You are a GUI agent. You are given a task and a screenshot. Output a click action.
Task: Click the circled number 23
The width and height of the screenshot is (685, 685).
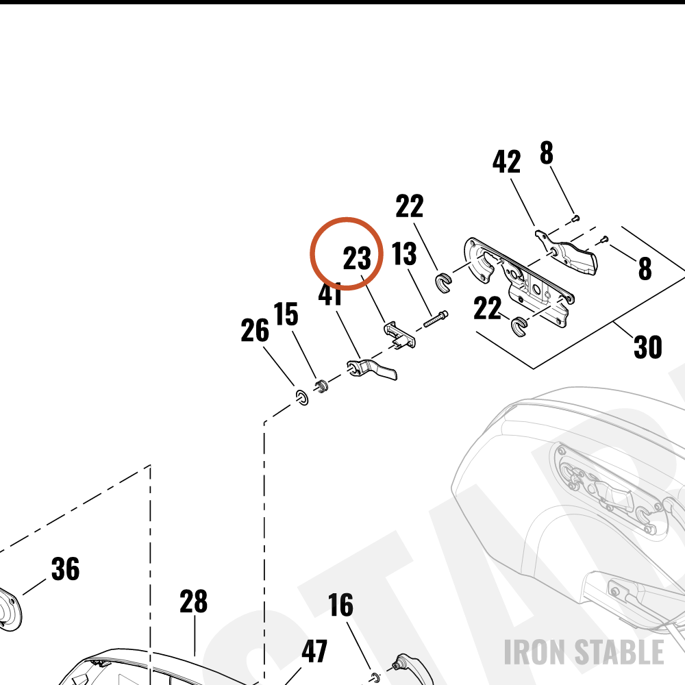[357, 258]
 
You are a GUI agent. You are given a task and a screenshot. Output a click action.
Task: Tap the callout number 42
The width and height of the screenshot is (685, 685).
[506, 162]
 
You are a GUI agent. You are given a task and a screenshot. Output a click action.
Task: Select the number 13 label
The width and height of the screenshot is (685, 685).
[404, 254]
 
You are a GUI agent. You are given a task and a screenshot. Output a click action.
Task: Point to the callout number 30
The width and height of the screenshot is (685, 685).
[648, 347]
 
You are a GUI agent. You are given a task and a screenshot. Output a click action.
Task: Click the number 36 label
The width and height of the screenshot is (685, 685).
[66, 569]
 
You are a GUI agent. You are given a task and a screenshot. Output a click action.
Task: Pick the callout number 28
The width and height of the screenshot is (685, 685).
[194, 601]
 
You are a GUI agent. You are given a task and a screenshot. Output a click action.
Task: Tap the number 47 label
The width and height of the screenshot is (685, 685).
[314, 651]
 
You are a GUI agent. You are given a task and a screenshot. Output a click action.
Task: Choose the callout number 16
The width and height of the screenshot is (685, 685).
[340, 605]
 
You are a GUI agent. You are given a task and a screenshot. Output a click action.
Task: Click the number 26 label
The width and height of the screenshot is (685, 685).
[255, 330]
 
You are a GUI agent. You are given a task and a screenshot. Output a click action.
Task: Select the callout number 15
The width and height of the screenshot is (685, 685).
[286, 314]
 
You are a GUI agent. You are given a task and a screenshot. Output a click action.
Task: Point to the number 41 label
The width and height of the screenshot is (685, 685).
[330, 295]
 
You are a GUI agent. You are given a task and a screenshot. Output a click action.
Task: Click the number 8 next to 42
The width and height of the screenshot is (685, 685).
[547, 153]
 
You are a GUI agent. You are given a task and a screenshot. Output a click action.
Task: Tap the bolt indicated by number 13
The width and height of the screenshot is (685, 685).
[436, 319]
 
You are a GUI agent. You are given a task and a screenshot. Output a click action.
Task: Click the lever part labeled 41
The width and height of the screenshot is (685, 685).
[372, 369]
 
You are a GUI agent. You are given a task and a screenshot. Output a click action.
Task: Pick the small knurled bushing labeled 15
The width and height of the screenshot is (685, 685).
[321, 386]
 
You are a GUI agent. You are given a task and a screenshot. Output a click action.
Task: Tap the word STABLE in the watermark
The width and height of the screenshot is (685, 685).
[619, 652]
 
